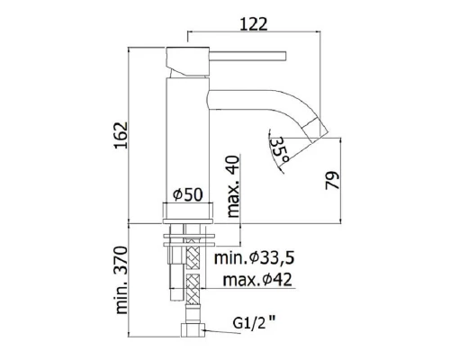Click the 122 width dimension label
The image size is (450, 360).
pyautogui.click(x=254, y=24)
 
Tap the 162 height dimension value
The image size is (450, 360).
pyautogui.click(x=121, y=135)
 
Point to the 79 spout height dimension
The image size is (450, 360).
pyautogui.click(x=332, y=180)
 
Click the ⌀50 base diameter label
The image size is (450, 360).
pyautogui.click(x=188, y=195)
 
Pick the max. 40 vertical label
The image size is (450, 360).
pyautogui.click(x=233, y=186)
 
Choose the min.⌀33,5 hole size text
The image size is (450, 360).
pyautogui.click(x=254, y=258)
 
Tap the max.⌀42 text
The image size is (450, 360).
pyautogui.click(x=257, y=280)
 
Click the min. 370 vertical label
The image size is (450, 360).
pyautogui.click(x=121, y=280)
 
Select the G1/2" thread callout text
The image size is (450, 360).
pyautogui.click(x=254, y=323)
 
